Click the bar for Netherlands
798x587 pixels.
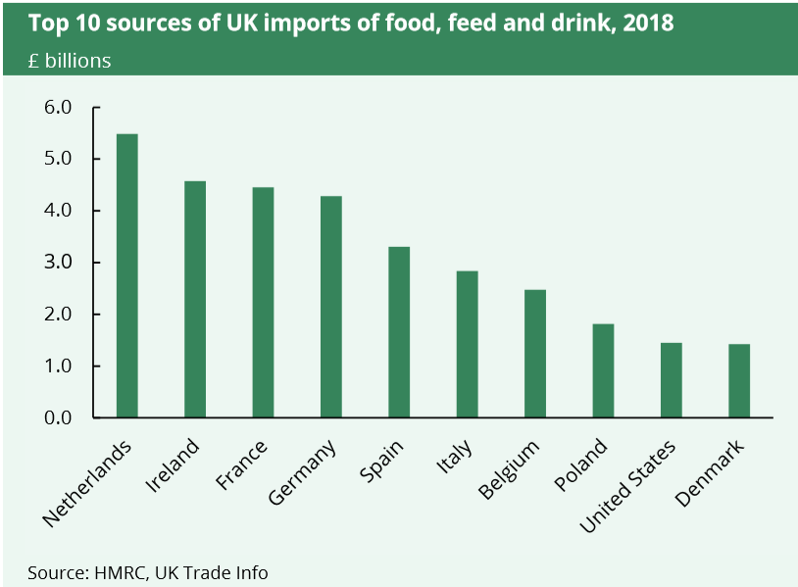[x=126, y=275]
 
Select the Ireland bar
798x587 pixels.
[x=195, y=299]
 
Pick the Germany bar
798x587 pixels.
[x=330, y=307]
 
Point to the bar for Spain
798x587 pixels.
[x=399, y=332]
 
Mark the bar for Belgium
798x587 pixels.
[x=535, y=354]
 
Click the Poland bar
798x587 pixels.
[x=603, y=370]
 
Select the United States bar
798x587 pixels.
[x=672, y=380]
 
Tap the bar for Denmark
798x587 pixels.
[x=739, y=380]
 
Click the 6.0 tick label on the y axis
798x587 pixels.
[x=59, y=107]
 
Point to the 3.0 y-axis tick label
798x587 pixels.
[x=59, y=263]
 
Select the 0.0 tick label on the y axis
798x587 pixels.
[x=59, y=418]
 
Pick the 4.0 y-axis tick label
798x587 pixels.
[x=59, y=211]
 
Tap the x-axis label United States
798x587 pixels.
[x=627, y=487]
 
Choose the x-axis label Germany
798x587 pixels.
[x=302, y=473]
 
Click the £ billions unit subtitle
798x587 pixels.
[x=70, y=61]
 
